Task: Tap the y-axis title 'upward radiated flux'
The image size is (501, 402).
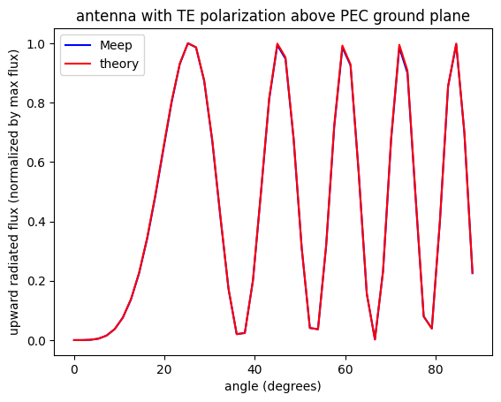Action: point(15,191)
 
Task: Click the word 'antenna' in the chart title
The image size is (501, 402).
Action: point(102,15)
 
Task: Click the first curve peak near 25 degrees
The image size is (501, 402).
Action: point(187,43)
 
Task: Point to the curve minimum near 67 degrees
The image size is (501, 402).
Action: point(375,339)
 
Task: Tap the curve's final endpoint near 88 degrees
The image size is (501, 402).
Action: point(472,273)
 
